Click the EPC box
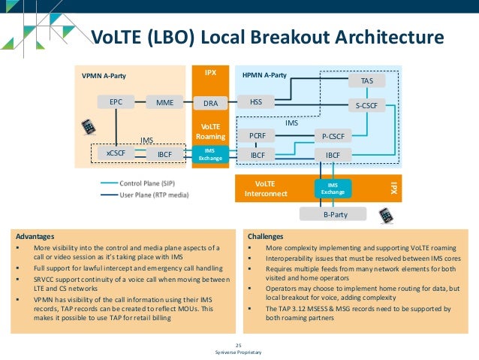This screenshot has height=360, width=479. [x=116, y=101]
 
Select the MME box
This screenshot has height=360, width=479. [x=164, y=101]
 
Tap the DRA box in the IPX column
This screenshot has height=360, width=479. [x=210, y=102]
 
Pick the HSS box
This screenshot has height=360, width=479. [x=256, y=101]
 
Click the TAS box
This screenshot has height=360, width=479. [x=366, y=80]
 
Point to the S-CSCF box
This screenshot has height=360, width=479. [x=366, y=106]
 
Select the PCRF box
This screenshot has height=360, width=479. [x=257, y=136]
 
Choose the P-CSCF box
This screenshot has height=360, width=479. [x=333, y=136]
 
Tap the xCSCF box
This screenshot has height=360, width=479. [x=116, y=154]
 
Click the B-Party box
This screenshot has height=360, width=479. [x=333, y=214]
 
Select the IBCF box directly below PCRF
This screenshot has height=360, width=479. [x=257, y=155]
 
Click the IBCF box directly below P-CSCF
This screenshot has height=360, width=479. [x=333, y=155]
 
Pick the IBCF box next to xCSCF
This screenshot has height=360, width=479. [x=164, y=154]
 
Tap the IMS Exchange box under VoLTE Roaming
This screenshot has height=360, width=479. [x=210, y=153]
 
